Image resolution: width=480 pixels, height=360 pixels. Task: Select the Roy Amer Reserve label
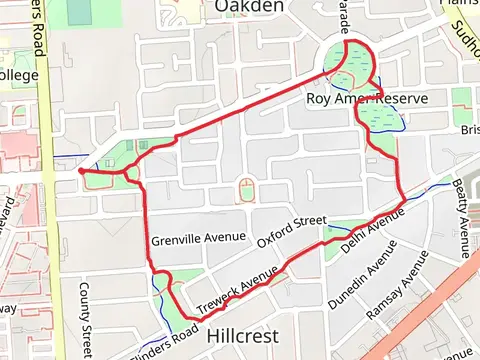pyautogui.click(x=367, y=99)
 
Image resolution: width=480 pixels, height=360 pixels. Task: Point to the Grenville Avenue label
pyautogui.click(x=199, y=238)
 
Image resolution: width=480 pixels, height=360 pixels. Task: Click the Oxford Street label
pyautogui.click(x=292, y=232)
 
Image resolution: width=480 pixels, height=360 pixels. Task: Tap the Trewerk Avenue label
pyautogui.click(x=237, y=292)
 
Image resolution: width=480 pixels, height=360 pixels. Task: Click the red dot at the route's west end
pyautogui.click(x=80, y=171)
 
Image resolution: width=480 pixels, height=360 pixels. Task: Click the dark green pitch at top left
pyautogui.click(x=79, y=12)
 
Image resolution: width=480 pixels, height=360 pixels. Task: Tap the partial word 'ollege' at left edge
pyautogui.click(x=18, y=75)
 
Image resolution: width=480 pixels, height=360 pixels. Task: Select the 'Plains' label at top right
pyautogui.click(x=461, y=4)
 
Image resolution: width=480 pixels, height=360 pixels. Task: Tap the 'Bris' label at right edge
pyautogui.click(x=469, y=130)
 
